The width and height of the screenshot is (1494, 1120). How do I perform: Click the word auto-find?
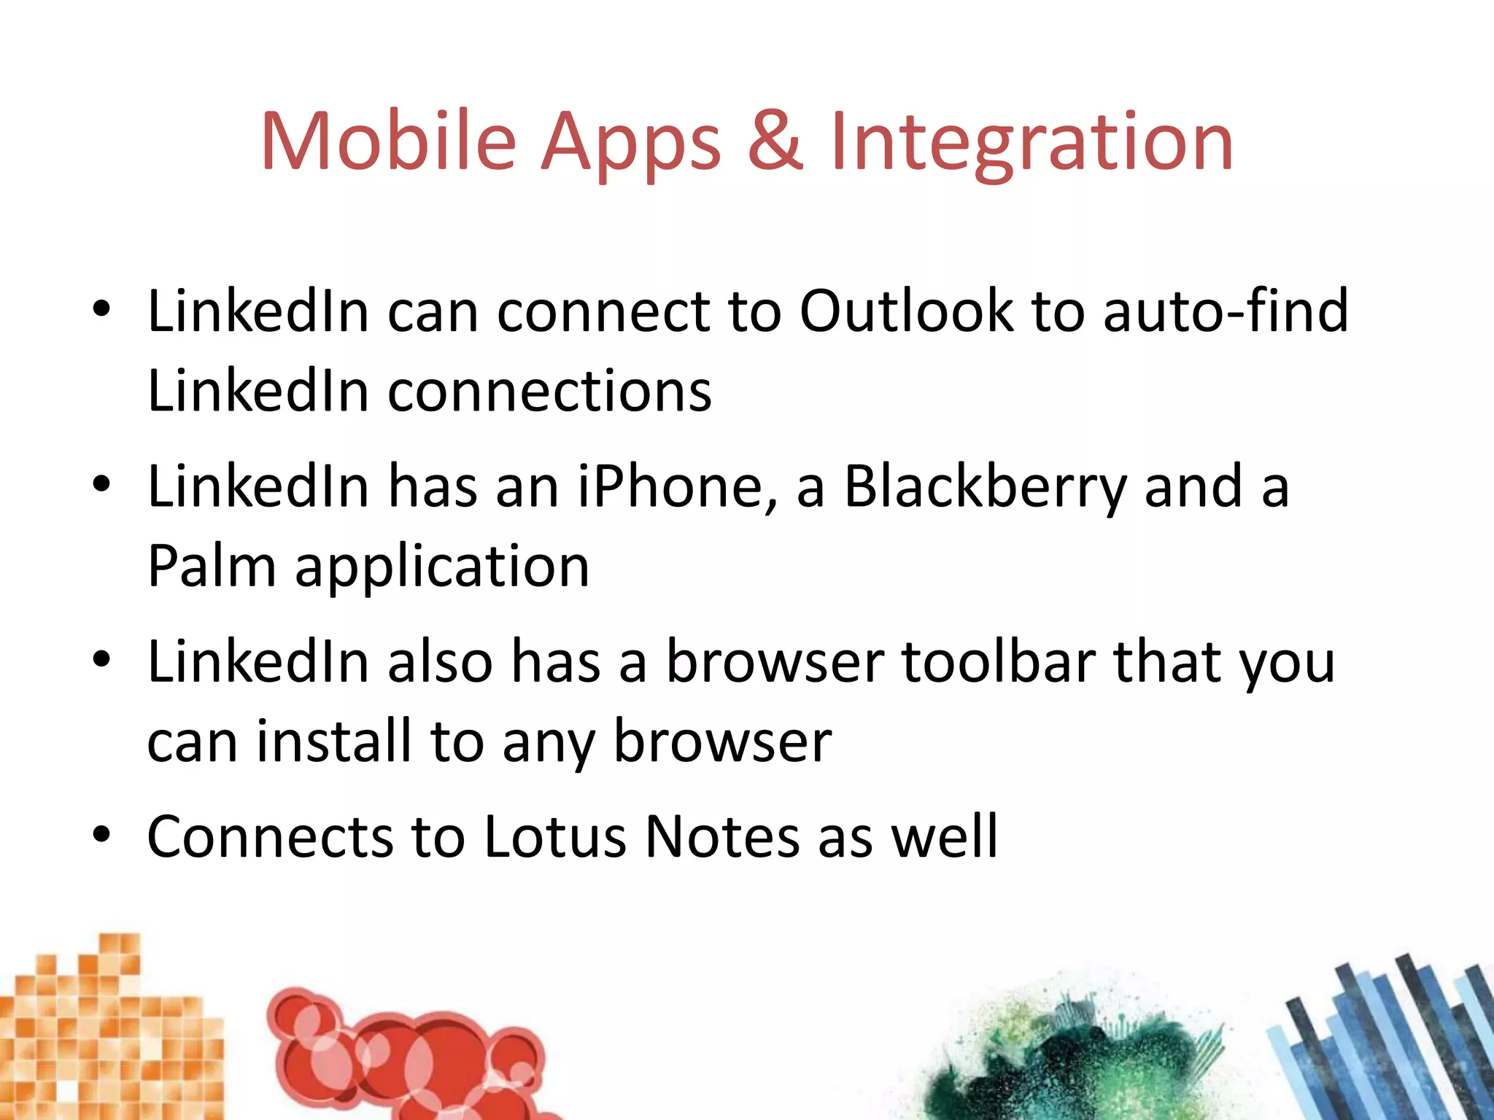point(1226,311)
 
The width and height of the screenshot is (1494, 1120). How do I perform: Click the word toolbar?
point(998,661)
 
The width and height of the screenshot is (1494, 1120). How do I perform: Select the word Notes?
point(722,836)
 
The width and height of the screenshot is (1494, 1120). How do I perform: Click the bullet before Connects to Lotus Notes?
point(101,833)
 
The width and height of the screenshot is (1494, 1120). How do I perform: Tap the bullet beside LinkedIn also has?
point(101,658)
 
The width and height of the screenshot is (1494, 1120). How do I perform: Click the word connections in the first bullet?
point(549,392)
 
